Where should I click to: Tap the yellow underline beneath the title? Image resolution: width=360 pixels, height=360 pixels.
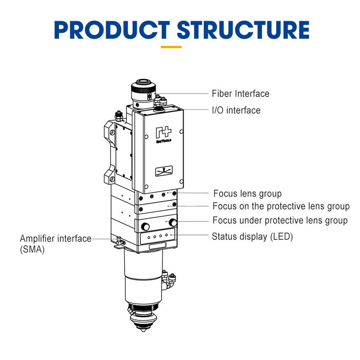(171, 46)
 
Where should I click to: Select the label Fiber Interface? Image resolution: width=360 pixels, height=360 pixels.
(240, 94)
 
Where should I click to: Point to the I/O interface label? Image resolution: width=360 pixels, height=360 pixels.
(236, 110)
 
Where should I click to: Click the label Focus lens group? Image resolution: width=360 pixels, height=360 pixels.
(247, 193)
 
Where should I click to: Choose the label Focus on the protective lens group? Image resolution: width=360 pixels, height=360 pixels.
(281, 206)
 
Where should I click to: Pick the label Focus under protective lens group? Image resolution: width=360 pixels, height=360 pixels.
(280, 220)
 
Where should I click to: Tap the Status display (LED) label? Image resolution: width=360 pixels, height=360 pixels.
(252, 236)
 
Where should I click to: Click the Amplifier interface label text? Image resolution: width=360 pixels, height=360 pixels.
(55, 238)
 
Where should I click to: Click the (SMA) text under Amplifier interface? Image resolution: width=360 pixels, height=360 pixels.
(32, 250)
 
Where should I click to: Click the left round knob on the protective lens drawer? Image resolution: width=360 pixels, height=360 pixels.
(145, 225)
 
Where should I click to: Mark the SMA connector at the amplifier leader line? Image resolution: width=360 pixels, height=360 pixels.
(118, 242)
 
